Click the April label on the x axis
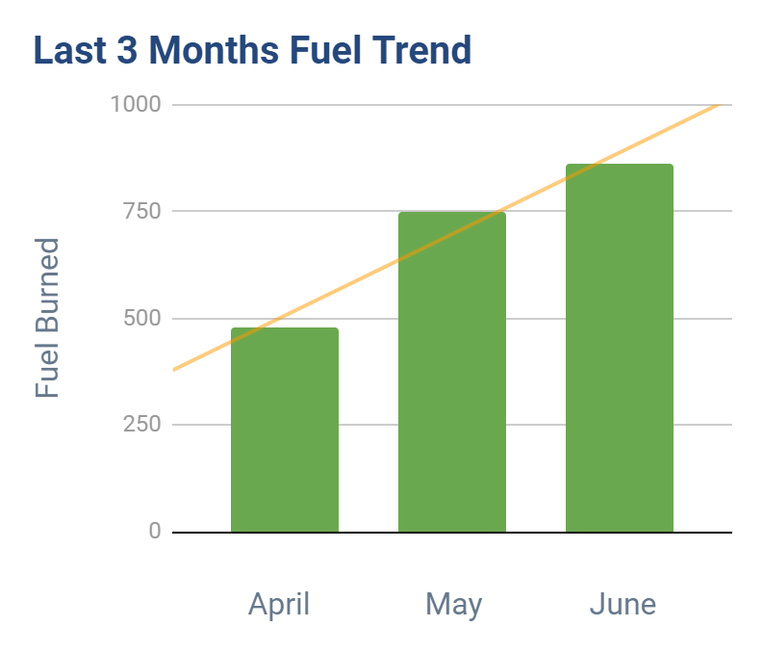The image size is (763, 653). [279, 605]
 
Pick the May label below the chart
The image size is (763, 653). [453, 606]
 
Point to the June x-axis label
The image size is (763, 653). [623, 605]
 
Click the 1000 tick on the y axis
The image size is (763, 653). [135, 104]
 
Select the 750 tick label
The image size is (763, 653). [140, 211]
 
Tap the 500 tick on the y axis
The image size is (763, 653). [140, 318]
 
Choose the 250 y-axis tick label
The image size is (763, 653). [140, 425]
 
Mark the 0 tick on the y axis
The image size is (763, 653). [155, 532]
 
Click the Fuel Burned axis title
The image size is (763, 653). [47, 318]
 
